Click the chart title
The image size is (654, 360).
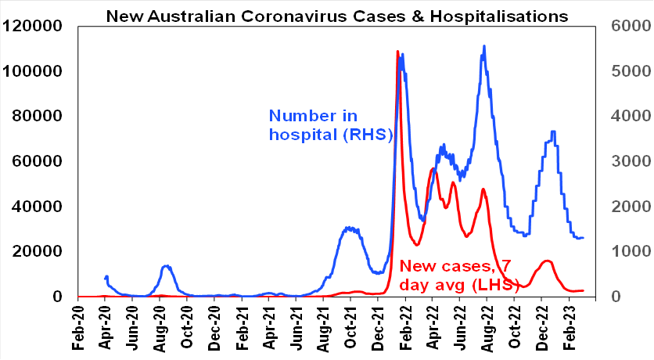[x=337, y=15]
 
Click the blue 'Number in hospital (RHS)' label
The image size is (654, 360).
[x=330, y=125]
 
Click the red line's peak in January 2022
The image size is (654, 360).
[x=398, y=52]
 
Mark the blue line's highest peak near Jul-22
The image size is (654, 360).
[x=484, y=46]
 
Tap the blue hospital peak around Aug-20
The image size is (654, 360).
[x=166, y=266]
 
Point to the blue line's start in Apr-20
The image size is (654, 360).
[x=105, y=277]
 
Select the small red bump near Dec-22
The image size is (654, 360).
[x=546, y=261]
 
